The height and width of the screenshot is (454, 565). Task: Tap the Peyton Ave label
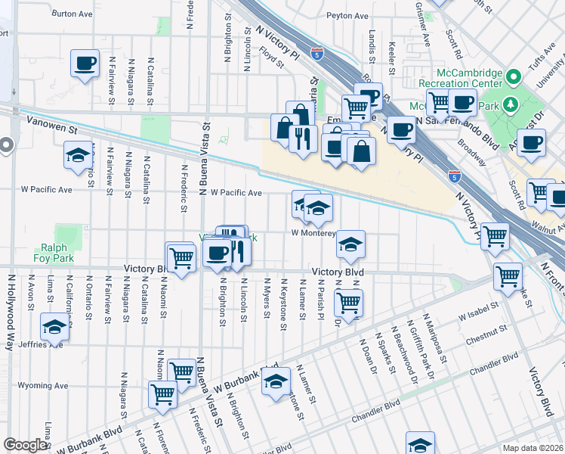347,15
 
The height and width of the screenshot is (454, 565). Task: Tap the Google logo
25,445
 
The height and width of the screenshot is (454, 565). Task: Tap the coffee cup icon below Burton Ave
85,63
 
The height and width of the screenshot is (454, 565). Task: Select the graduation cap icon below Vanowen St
78,156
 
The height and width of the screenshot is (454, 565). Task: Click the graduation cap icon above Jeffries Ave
54,327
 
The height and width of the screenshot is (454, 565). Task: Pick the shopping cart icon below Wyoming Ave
163,394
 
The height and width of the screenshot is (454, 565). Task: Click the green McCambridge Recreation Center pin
514,76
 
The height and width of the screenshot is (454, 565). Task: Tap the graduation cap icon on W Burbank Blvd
276,381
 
